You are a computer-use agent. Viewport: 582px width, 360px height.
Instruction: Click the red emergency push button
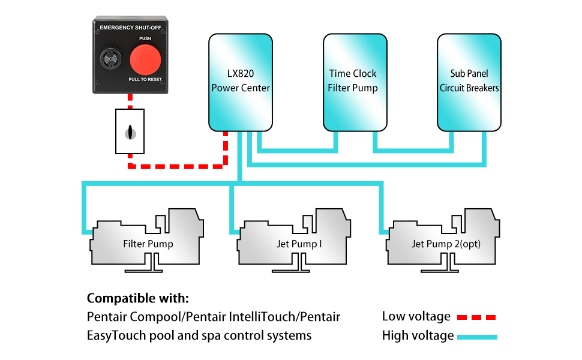click(x=144, y=61)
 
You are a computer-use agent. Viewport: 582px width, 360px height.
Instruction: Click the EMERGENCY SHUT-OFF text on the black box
click(x=130, y=28)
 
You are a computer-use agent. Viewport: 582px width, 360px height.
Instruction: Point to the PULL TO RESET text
click(x=145, y=80)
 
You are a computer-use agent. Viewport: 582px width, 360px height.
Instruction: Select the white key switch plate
click(x=130, y=131)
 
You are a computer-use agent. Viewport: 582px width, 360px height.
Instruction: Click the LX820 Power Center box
click(x=241, y=82)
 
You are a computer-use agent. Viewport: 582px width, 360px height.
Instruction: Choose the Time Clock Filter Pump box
click(x=353, y=82)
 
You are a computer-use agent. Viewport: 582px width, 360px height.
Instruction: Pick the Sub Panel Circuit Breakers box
click(x=469, y=82)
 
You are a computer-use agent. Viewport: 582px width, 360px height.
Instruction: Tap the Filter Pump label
click(x=148, y=244)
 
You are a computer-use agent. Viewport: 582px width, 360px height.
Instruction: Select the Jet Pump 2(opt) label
click(x=446, y=244)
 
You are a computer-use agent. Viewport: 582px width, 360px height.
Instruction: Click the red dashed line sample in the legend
click(x=476, y=317)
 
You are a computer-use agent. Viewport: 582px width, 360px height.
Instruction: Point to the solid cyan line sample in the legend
click(x=477, y=337)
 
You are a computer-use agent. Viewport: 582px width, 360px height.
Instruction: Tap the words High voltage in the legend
click(x=418, y=336)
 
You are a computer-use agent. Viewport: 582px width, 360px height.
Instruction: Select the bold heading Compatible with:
click(x=137, y=298)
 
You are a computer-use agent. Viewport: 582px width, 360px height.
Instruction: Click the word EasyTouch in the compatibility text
click(x=115, y=335)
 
